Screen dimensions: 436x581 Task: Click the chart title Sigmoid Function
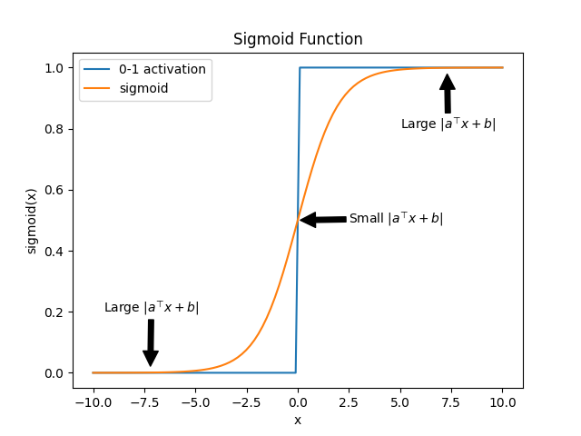tap(298, 39)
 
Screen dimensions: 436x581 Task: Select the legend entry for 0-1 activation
tap(162, 69)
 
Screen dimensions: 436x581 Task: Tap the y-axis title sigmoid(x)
tap(32, 221)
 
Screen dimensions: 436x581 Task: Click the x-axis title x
tap(298, 420)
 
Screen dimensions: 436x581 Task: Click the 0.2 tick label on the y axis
tap(55, 312)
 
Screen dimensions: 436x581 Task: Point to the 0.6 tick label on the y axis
tap(55, 190)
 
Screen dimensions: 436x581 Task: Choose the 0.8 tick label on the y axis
tap(55, 129)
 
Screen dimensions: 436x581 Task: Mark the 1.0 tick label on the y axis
tap(55, 68)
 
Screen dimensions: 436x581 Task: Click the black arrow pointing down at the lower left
tap(151, 343)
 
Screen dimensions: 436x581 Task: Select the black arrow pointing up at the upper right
tap(447, 94)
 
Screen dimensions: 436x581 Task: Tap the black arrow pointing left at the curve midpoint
tap(323, 219)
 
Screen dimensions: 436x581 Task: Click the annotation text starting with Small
tap(396, 218)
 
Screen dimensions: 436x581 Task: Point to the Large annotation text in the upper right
tap(448, 124)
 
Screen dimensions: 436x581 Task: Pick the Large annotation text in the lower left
tap(152, 307)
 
